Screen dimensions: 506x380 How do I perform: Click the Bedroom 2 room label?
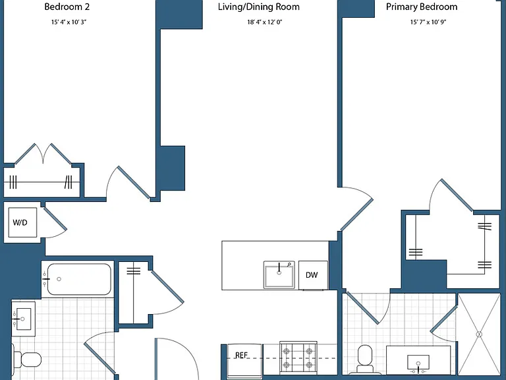67,7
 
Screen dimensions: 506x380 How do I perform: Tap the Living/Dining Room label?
258,7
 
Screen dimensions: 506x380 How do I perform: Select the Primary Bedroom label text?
422,7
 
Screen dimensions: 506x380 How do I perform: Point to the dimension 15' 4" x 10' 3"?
69,22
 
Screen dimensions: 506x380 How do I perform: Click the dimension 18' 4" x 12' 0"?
265,22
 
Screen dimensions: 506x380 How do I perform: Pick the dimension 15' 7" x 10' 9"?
428,22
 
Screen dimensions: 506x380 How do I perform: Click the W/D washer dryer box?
22,222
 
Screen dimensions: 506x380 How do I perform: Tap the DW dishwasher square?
313,275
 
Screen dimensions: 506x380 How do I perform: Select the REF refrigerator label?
241,355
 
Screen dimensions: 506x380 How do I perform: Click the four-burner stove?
298,358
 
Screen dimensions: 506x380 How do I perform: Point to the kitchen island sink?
279,274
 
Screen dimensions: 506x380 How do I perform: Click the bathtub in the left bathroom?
79,279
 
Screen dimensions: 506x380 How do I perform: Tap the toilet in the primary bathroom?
365,359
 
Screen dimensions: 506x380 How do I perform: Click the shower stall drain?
479,334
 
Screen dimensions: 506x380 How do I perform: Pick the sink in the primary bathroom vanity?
418,364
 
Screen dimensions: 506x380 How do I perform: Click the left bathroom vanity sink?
23,319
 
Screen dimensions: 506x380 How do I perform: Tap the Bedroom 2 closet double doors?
43,154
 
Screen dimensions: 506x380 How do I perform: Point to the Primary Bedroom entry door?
356,208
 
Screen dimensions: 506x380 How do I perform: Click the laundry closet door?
55,222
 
